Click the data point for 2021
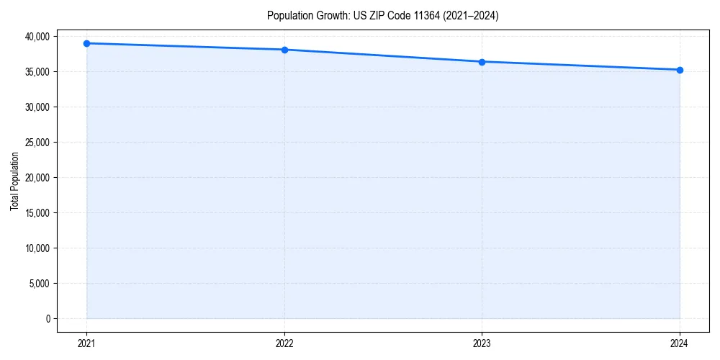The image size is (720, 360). tap(86, 43)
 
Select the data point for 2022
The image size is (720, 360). tap(284, 50)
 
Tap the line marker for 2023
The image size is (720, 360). tap(482, 62)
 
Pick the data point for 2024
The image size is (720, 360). tap(680, 70)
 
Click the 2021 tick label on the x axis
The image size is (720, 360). tap(86, 343)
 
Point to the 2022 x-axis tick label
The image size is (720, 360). tap(284, 343)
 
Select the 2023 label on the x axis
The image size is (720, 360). tap(482, 343)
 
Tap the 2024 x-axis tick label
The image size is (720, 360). tap(680, 343)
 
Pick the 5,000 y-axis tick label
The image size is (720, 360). tap(40, 284)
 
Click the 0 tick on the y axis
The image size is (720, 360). tap(48, 319)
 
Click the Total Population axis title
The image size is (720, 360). tap(14, 181)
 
